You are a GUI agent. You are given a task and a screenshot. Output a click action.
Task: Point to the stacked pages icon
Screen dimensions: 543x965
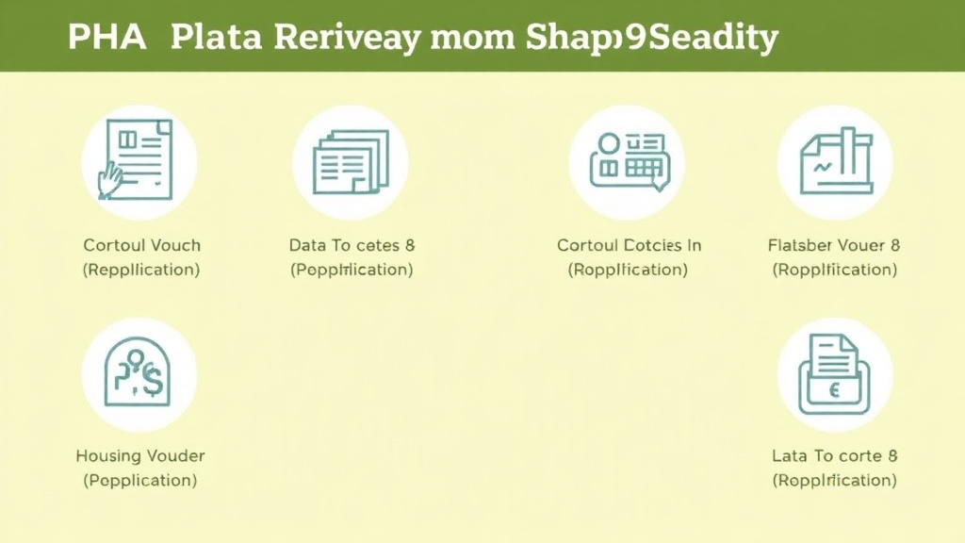pyautogui.click(x=351, y=162)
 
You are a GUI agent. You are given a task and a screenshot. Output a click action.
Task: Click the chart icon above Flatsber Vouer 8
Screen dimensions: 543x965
pyautogui.click(x=835, y=162)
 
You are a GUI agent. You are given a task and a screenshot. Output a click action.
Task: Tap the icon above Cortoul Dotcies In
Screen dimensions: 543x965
pyautogui.click(x=627, y=162)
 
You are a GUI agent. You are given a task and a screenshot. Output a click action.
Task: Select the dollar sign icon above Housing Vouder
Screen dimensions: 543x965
pyautogui.click(x=139, y=374)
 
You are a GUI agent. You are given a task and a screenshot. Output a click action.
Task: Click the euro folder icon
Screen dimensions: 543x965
pyautogui.click(x=835, y=374)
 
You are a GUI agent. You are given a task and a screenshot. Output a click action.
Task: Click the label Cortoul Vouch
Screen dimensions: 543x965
pyautogui.click(x=141, y=245)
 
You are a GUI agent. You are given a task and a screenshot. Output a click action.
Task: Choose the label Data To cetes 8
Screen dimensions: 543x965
pyautogui.click(x=352, y=245)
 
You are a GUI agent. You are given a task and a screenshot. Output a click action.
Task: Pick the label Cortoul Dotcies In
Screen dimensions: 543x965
pyautogui.click(x=629, y=245)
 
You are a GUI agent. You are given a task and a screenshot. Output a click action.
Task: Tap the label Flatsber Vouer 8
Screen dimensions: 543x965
pyautogui.click(x=834, y=245)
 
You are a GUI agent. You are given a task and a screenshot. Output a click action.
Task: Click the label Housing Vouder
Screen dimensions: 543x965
pyautogui.click(x=139, y=456)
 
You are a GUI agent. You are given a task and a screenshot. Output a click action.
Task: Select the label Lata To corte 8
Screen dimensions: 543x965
pyautogui.click(x=834, y=456)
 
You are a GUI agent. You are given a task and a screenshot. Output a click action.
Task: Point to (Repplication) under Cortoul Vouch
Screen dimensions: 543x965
pyautogui.click(x=141, y=270)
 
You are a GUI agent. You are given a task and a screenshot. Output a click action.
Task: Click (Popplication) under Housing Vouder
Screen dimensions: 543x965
pyautogui.click(x=139, y=480)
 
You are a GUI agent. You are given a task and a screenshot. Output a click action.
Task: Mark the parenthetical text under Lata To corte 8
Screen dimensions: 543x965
pyautogui.click(x=834, y=480)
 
